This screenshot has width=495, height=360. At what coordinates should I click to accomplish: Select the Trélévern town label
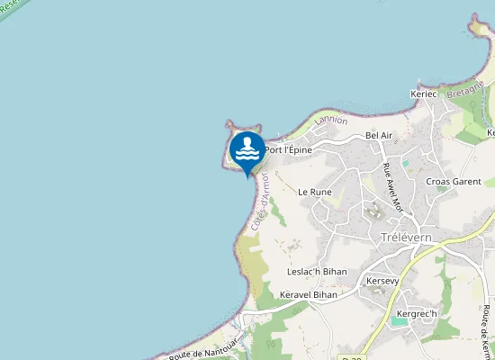(407, 238)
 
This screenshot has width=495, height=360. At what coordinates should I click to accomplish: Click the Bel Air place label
(379, 135)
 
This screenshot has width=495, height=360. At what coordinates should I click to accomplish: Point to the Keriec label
(423, 94)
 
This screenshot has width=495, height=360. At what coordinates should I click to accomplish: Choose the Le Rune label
(315, 192)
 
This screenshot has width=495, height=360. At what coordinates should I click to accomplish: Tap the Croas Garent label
(454, 181)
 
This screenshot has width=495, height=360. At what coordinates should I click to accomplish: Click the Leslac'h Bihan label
(317, 272)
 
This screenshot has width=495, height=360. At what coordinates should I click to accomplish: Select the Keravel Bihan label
(308, 294)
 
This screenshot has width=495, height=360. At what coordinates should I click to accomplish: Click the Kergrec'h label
(416, 313)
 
